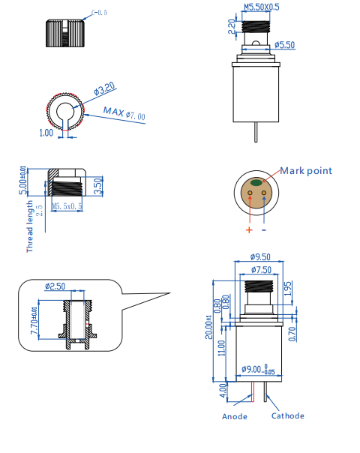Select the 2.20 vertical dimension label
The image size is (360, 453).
click(x=232, y=27)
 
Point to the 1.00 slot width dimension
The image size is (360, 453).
click(x=46, y=133)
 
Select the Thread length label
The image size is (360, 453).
click(x=30, y=225)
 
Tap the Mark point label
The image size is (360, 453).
click(x=306, y=170)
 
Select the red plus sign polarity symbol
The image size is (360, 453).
click(x=249, y=230)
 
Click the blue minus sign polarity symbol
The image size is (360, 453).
click(x=264, y=230)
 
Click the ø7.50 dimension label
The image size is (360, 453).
click(x=260, y=269)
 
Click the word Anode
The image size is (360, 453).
click(x=234, y=416)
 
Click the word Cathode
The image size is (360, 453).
click(x=287, y=415)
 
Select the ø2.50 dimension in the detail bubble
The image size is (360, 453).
click(x=55, y=286)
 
